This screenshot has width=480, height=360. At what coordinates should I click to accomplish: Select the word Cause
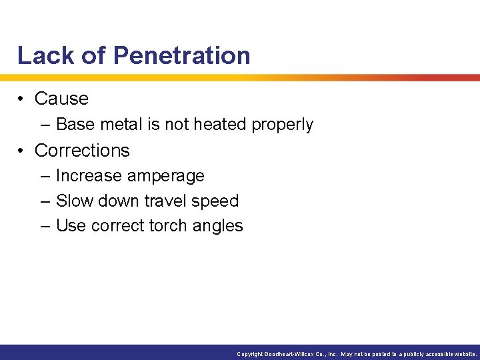tap(61, 99)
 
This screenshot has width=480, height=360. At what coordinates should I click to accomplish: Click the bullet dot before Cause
tap(22, 99)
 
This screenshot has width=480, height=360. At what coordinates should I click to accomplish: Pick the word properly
tap(282, 125)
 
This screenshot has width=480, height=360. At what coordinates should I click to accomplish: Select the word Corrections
tap(82, 151)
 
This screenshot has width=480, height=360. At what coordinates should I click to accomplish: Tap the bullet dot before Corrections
tap(22, 151)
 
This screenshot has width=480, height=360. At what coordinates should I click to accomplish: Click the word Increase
tap(87, 176)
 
